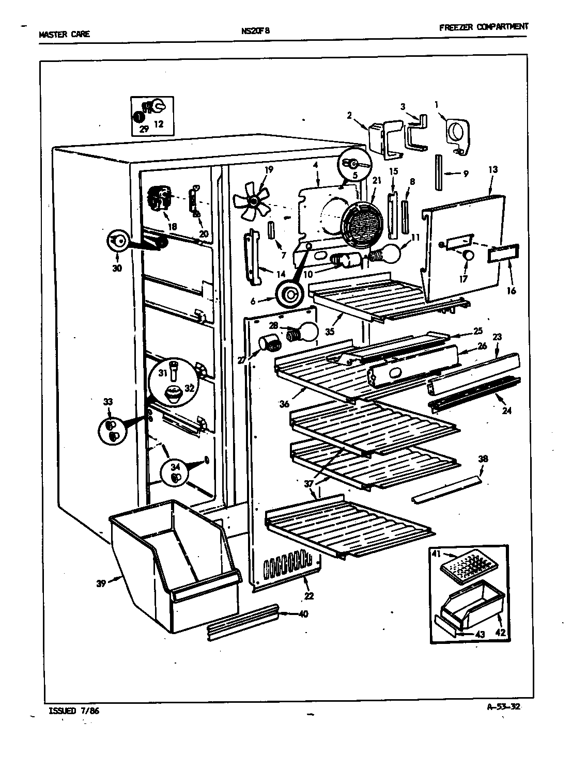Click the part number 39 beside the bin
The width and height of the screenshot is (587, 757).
click(101, 583)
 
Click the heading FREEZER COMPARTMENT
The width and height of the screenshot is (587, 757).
click(484, 27)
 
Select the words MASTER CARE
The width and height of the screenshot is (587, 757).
click(64, 35)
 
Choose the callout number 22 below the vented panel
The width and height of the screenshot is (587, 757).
click(308, 596)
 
